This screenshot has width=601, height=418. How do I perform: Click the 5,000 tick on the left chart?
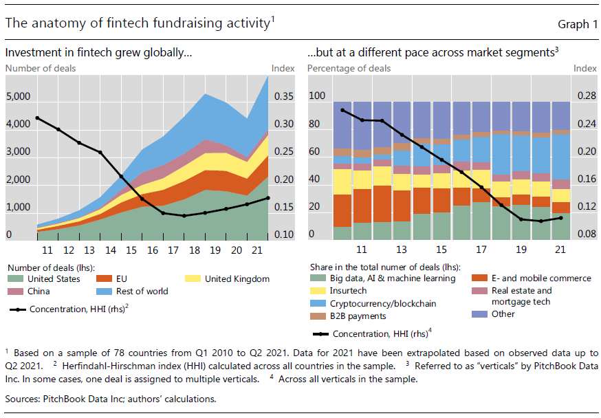[x=18, y=97]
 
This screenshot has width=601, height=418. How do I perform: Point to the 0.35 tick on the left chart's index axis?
[x=283, y=97]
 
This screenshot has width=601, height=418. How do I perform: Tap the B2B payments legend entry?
[x=356, y=316]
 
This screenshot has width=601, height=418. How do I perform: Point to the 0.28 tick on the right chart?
[x=586, y=97]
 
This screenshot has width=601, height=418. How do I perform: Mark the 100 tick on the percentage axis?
[x=316, y=97]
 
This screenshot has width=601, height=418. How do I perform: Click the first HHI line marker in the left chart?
[x=36, y=118]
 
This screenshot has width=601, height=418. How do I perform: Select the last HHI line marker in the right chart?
[x=561, y=218]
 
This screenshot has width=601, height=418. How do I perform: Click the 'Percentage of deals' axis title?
[x=349, y=68]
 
